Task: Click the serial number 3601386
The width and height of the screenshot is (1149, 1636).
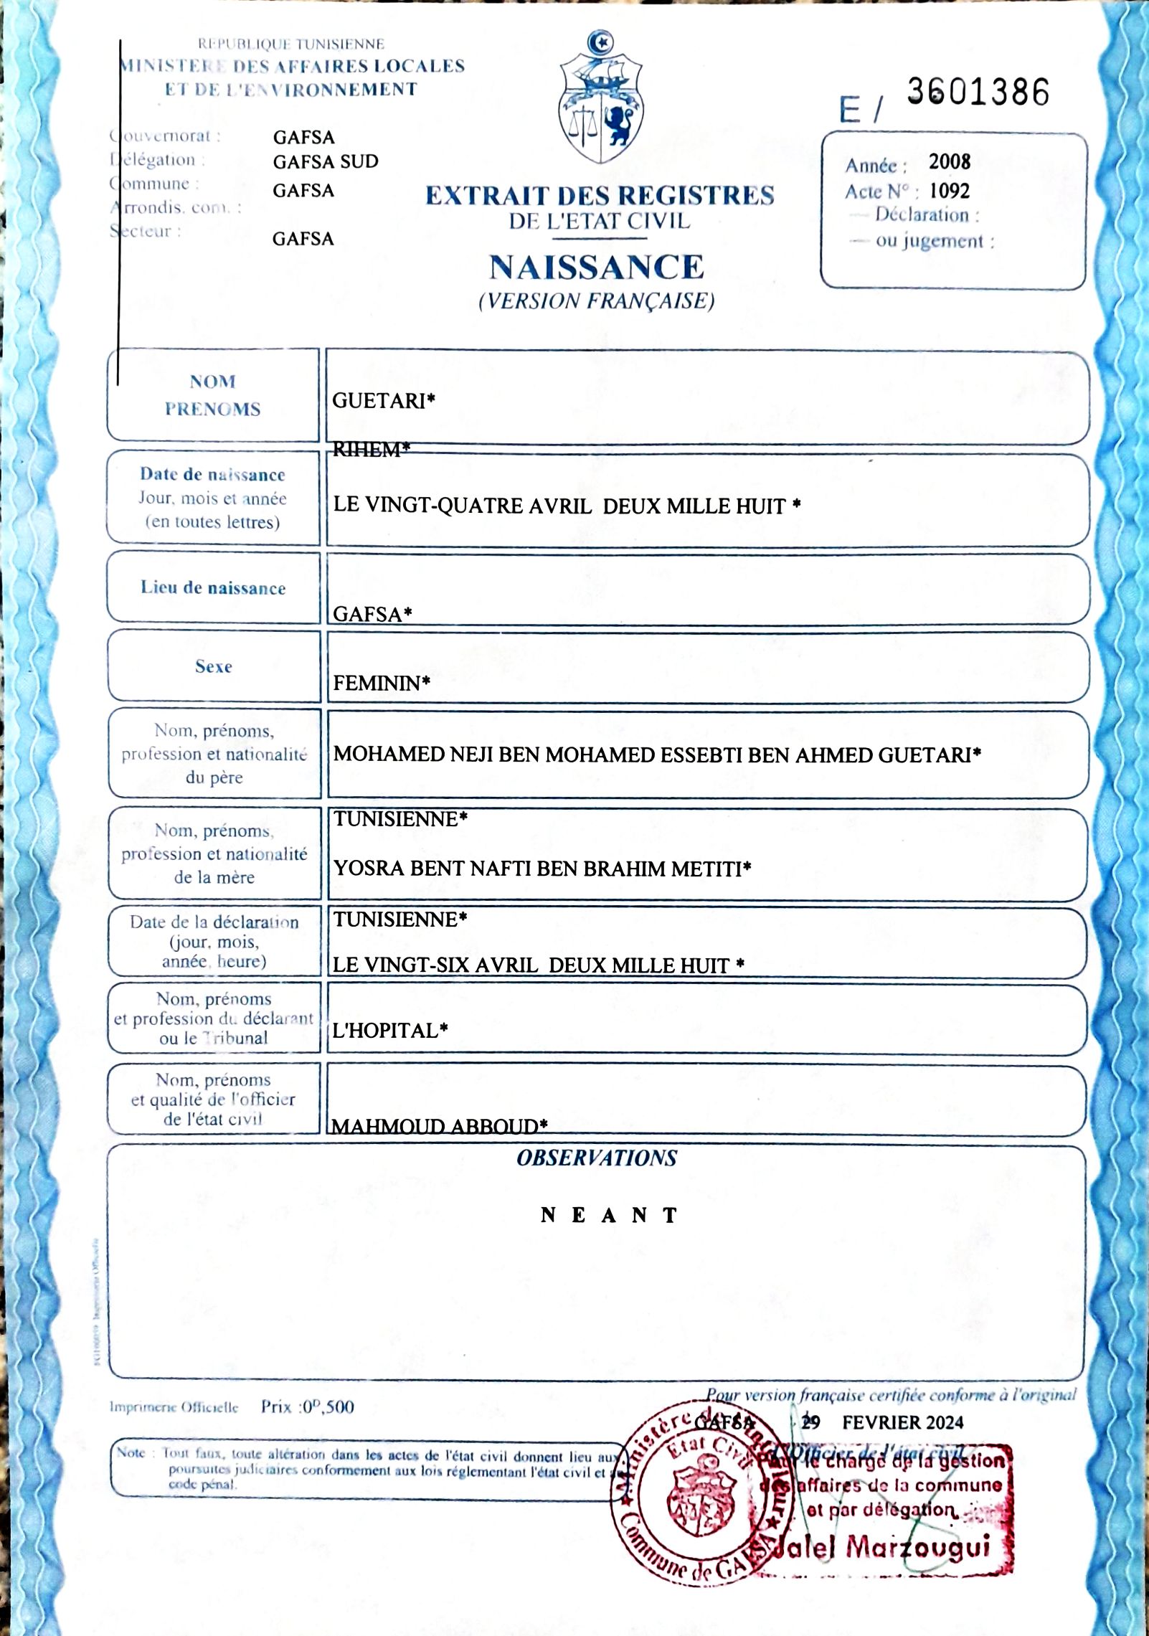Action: pos(978,93)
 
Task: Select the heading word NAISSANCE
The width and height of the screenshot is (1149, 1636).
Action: pos(597,268)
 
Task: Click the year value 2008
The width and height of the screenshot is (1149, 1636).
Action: pos(950,162)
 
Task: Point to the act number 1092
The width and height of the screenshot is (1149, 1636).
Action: pos(950,191)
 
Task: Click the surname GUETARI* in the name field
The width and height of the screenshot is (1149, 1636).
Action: pos(384,401)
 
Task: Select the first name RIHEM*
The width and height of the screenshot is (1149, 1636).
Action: pos(372,450)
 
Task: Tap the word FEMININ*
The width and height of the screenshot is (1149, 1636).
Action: pos(382,683)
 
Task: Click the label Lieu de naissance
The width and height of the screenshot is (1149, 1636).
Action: pos(213,588)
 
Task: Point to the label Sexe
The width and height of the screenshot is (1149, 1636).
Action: pos(213,667)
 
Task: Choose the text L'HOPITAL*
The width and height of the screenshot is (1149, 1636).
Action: pos(390,1031)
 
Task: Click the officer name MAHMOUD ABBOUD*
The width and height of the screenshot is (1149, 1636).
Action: pos(440,1126)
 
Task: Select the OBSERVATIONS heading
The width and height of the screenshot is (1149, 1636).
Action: pos(596,1158)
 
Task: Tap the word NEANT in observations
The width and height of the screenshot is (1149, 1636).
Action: pos(609,1215)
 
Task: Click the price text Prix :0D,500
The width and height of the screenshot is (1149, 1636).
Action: pos(307,1406)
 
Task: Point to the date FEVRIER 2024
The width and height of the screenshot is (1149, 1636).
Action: pos(902,1422)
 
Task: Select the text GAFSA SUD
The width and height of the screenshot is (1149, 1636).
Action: pos(326,162)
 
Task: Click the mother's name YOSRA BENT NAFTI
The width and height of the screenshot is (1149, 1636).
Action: pos(430,869)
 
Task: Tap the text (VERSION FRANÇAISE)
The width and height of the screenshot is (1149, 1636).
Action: pos(597,301)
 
